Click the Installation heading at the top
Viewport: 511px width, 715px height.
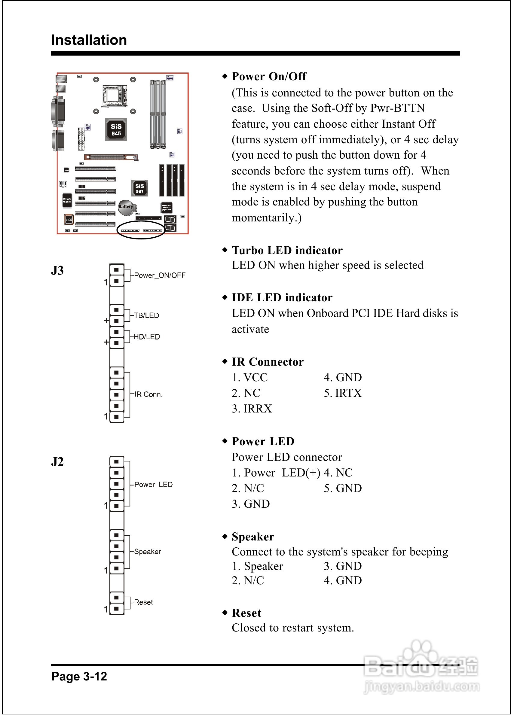pos(89,40)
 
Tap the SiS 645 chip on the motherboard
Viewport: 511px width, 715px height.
pos(116,129)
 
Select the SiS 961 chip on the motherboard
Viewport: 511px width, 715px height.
pos(139,188)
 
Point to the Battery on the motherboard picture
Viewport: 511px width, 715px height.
pos(126,207)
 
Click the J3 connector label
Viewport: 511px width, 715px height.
pos(57,270)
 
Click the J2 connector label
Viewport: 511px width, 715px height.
pos(57,462)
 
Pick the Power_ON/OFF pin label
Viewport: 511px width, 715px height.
pos(160,275)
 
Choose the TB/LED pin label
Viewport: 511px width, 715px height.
pos(146,315)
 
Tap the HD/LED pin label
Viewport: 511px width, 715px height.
pos(147,337)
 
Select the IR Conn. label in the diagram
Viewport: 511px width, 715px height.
pos(148,394)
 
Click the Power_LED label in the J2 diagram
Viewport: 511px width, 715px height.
pos(153,485)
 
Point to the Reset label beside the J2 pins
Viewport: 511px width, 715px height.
pos(143,602)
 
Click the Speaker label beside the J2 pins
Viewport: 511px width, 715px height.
pos(147,552)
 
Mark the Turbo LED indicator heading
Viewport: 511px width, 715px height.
pos(287,250)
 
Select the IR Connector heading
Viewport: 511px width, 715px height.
pos(268,362)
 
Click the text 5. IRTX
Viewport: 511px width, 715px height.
pos(343,393)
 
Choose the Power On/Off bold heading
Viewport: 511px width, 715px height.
pos(269,76)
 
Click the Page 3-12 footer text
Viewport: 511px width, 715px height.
pos(79,676)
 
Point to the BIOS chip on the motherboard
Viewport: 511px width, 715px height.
pos(69,220)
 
